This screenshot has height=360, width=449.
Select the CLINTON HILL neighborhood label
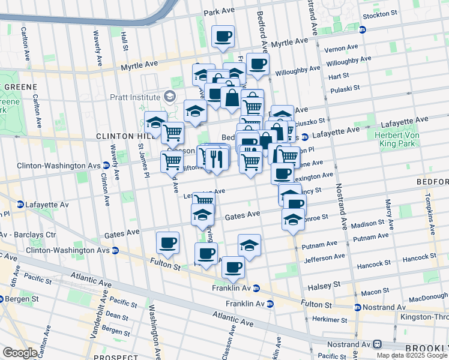click(122, 137)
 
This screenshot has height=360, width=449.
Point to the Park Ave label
click(219, 12)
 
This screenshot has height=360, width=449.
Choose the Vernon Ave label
click(340, 49)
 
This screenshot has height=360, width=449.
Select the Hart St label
click(339, 76)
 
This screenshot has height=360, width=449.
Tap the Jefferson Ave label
click(325, 258)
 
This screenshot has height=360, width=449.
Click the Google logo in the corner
click(20, 353)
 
